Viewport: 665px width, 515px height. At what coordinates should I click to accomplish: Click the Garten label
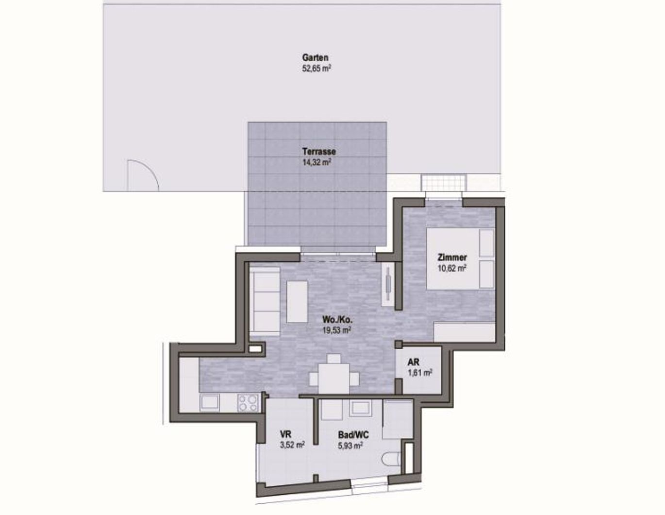tap(315, 57)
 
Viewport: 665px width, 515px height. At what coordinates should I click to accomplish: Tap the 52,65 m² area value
tap(316, 69)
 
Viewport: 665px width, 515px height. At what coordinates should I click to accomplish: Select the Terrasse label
tap(319, 152)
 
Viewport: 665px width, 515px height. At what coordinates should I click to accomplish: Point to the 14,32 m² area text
tap(316, 162)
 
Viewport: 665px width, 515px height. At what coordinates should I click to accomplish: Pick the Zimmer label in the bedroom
tap(452, 257)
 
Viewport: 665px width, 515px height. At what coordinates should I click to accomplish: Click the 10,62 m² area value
tap(452, 268)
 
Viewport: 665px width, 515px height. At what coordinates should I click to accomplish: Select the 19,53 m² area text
tap(337, 330)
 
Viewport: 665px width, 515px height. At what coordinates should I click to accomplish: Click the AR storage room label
tap(414, 362)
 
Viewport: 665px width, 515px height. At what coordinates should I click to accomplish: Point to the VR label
tap(286, 434)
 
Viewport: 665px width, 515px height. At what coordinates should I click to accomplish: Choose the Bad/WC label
tap(353, 435)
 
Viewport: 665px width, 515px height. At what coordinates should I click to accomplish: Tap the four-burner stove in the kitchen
tap(248, 403)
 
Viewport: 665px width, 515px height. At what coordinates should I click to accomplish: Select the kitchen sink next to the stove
tap(210, 402)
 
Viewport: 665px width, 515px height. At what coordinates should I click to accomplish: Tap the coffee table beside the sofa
tap(297, 301)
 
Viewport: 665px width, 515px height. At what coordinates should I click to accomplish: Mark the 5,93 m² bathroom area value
tap(350, 445)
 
